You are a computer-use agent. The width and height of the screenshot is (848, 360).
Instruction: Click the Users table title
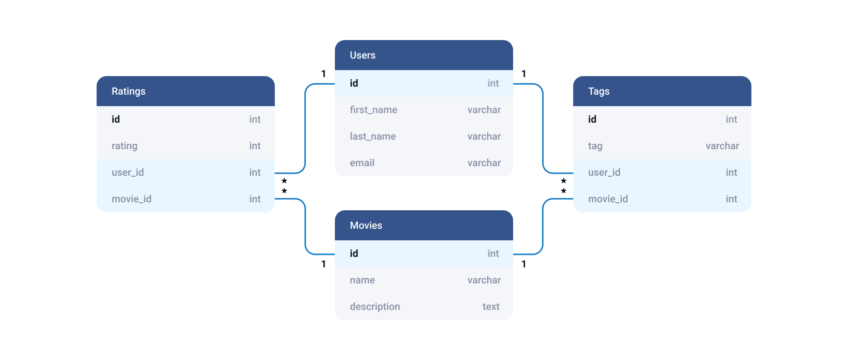click(362, 55)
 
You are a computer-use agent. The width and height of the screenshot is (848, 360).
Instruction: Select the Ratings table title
click(128, 91)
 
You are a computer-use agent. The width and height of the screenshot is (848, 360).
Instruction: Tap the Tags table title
click(598, 91)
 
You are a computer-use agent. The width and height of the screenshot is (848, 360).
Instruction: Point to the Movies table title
click(365, 225)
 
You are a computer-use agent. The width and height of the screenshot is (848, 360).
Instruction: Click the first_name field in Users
click(373, 110)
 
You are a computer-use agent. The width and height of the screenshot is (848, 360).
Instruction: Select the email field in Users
click(362, 163)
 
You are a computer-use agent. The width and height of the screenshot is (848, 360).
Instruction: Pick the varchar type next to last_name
click(484, 136)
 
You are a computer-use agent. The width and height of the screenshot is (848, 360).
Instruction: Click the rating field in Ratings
click(124, 146)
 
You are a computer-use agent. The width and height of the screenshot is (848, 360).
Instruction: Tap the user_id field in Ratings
click(127, 172)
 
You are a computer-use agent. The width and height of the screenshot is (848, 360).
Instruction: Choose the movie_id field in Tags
click(607, 199)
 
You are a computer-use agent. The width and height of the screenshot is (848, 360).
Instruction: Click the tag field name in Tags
click(595, 146)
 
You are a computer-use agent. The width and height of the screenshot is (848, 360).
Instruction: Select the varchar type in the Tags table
click(722, 146)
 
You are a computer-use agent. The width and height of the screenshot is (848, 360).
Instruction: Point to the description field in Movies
click(374, 306)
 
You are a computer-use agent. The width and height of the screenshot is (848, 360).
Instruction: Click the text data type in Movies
click(491, 306)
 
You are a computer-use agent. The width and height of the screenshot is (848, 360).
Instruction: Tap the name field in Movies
click(362, 280)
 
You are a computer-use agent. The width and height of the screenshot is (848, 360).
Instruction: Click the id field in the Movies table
click(354, 253)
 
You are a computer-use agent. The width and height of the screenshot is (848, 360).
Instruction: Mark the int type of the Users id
click(493, 83)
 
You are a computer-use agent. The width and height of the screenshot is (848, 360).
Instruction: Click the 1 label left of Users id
click(323, 74)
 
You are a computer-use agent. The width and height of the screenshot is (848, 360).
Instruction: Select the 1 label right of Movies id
click(524, 264)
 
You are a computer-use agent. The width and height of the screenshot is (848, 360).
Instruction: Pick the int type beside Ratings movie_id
click(255, 199)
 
